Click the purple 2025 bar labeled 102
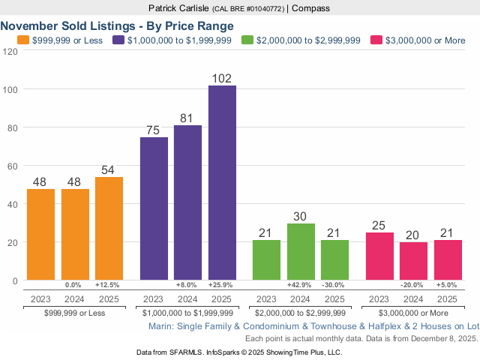click(222, 183)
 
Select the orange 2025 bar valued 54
click(109, 229)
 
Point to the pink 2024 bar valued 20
click(413, 261)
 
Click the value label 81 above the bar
click(187, 118)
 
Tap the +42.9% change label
click(301, 286)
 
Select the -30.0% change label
click(334, 286)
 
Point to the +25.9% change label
click(222, 286)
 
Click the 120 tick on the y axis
click(10, 51)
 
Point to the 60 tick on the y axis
click(13, 166)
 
